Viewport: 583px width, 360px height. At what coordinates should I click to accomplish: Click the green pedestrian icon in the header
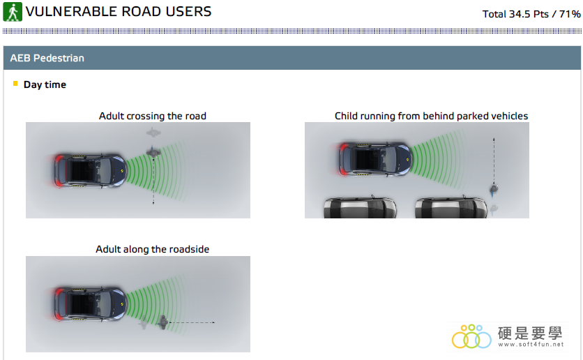(x=13, y=12)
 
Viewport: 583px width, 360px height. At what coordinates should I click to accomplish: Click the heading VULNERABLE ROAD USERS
(x=119, y=12)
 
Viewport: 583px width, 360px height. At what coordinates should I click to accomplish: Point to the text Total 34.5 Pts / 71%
(x=531, y=14)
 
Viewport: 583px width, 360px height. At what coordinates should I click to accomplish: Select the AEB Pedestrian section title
(x=47, y=58)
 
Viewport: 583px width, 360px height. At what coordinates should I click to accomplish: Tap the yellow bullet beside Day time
(x=15, y=83)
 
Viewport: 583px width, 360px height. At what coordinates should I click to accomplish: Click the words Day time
(x=45, y=85)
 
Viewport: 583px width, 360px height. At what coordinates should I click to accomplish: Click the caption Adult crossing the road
(x=153, y=116)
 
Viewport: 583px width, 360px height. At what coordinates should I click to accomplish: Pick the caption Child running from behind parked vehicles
(x=431, y=116)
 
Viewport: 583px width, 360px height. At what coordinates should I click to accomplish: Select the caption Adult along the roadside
(x=153, y=249)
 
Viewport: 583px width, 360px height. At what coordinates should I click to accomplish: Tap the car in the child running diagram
(x=374, y=159)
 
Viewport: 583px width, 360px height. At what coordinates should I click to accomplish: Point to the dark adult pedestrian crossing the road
(x=153, y=152)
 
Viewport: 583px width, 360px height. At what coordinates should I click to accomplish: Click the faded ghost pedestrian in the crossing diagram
(x=153, y=133)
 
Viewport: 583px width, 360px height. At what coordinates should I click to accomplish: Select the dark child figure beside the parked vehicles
(x=494, y=190)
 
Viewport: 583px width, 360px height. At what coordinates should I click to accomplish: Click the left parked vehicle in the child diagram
(x=360, y=207)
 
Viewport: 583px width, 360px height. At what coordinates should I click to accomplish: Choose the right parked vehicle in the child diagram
(x=451, y=207)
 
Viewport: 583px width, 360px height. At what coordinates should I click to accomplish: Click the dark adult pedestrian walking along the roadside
(x=163, y=322)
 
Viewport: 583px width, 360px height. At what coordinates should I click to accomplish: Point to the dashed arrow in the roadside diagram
(x=192, y=322)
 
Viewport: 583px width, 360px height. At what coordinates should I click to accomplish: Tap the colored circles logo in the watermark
(x=471, y=336)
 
